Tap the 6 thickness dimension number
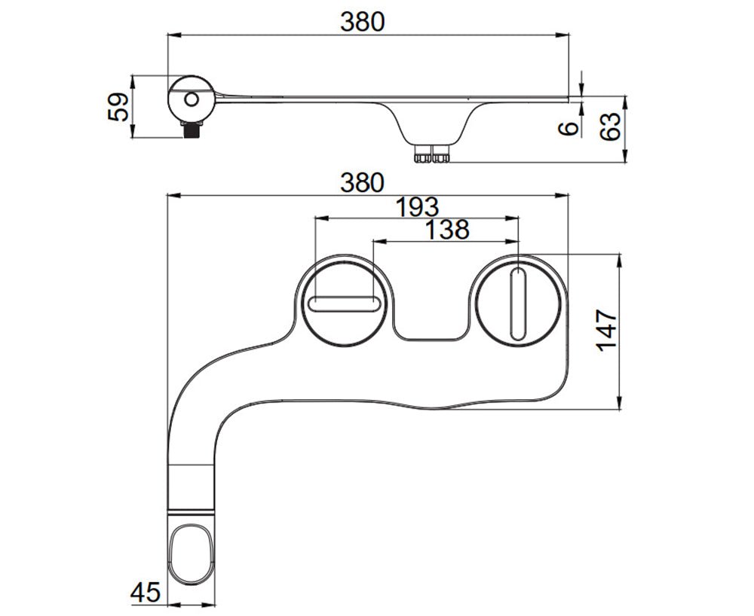(572, 127)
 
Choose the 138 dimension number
(446, 230)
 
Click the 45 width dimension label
(145, 593)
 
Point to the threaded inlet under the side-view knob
(193, 129)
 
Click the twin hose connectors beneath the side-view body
(431, 155)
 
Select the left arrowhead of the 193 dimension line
(318, 218)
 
